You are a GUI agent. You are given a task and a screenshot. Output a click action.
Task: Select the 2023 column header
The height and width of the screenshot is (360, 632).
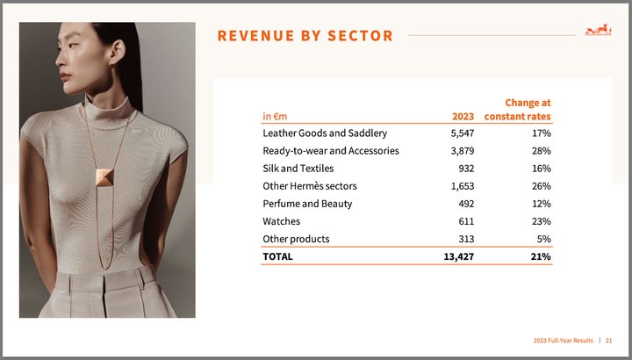click(x=463, y=116)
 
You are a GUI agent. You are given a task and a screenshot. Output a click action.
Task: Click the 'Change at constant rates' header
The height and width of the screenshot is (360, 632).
click(x=528, y=110)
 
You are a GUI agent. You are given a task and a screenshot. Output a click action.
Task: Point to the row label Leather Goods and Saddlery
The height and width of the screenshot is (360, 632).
click(x=325, y=133)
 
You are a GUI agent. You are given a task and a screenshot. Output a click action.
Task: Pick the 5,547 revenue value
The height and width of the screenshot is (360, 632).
click(x=462, y=133)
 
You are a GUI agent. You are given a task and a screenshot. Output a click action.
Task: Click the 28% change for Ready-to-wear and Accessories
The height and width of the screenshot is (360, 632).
click(x=540, y=151)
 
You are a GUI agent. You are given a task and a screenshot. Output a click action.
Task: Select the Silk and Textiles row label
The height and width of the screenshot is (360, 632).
click(x=298, y=169)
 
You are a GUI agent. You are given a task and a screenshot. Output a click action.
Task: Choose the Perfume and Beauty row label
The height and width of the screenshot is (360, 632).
click(x=307, y=204)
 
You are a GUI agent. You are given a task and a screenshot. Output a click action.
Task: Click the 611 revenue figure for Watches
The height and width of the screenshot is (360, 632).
click(x=465, y=221)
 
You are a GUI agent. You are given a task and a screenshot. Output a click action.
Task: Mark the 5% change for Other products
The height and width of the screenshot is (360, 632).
click(x=542, y=239)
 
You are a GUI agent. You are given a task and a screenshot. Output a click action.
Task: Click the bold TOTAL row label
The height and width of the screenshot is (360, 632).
click(x=277, y=257)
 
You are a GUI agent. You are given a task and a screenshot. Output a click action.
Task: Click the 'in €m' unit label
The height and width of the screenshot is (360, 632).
click(x=275, y=116)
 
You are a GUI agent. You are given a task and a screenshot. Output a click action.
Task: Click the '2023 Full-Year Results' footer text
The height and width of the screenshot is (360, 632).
click(x=564, y=340)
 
